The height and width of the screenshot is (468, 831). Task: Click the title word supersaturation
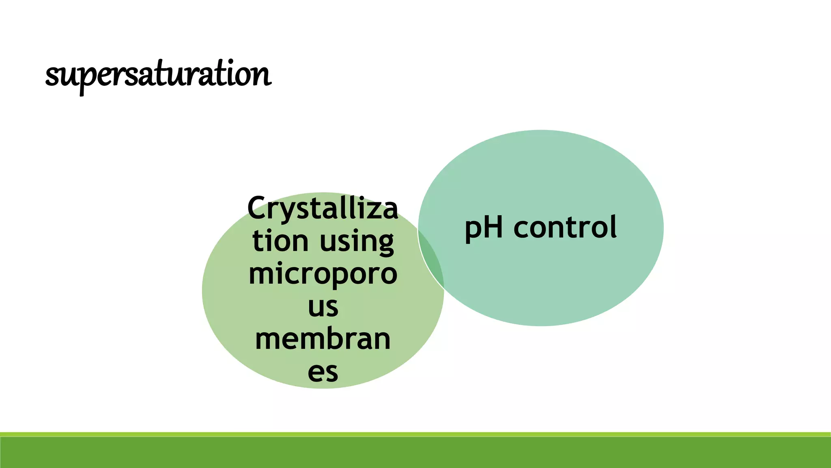coord(158,75)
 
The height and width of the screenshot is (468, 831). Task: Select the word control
coord(565,227)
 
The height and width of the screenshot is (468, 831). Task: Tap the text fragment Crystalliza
coord(323,208)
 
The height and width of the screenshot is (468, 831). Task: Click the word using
coord(357,242)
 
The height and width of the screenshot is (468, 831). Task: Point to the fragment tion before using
coord(280,241)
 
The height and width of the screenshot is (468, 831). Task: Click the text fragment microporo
coord(323,274)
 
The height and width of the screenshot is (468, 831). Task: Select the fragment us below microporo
coord(323,307)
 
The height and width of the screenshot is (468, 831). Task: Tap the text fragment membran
coord(323,339)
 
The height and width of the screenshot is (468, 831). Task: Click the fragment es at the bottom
coord(323,372)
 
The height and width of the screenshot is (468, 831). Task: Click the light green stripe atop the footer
coord(415,434)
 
